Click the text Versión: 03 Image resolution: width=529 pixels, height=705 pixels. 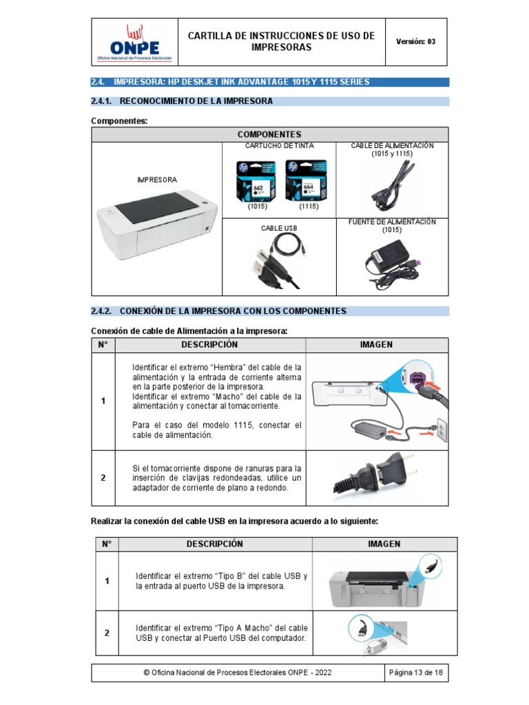[415, 41]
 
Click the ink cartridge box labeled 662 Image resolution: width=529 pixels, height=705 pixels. [251, 181]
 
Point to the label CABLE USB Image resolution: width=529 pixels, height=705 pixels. [278, 227]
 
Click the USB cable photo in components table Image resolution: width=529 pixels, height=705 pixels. [278, 262]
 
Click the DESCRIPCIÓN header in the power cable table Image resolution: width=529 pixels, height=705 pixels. [209, 345]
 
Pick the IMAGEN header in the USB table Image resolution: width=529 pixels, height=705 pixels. [384, 544]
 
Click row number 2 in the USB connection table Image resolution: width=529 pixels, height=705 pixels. [107, 633]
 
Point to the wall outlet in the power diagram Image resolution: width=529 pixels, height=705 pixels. [443, 431]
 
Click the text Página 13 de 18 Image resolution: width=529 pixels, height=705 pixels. [415, 673]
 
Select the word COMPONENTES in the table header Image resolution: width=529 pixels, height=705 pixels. [269, 134]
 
